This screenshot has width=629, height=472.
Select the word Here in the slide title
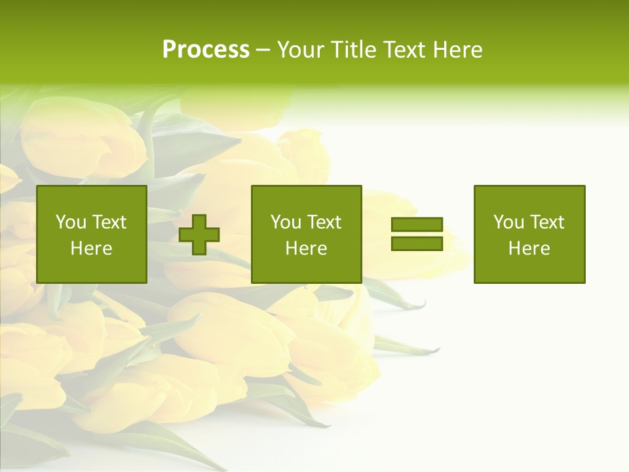click(x=457, y=50)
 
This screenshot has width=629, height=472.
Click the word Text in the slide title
click(x=404, y=50)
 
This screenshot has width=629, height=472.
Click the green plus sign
click(x=199, y=235)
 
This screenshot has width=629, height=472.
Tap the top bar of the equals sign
click(x=417, y=224)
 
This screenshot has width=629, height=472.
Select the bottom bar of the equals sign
click(x=417, y=243)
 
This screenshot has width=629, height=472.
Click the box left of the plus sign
click(x=92, y=234)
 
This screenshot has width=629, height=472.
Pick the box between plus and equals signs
click(x=307, y=234)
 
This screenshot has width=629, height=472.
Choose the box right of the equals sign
click(x=529, y=234)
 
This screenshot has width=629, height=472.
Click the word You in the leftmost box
click(x=71, y=222)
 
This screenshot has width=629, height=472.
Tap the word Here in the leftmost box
click(x=92, y=248)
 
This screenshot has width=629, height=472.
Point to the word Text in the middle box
click(x=324, y=222)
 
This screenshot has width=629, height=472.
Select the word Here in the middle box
click(x=307, y=248)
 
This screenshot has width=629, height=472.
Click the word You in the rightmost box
click(x=508, y=222)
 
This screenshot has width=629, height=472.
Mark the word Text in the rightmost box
click(x=547, y=222)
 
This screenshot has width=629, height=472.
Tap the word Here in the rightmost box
click(x=529, y=248)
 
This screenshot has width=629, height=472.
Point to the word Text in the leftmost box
click(x=109, y=222)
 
